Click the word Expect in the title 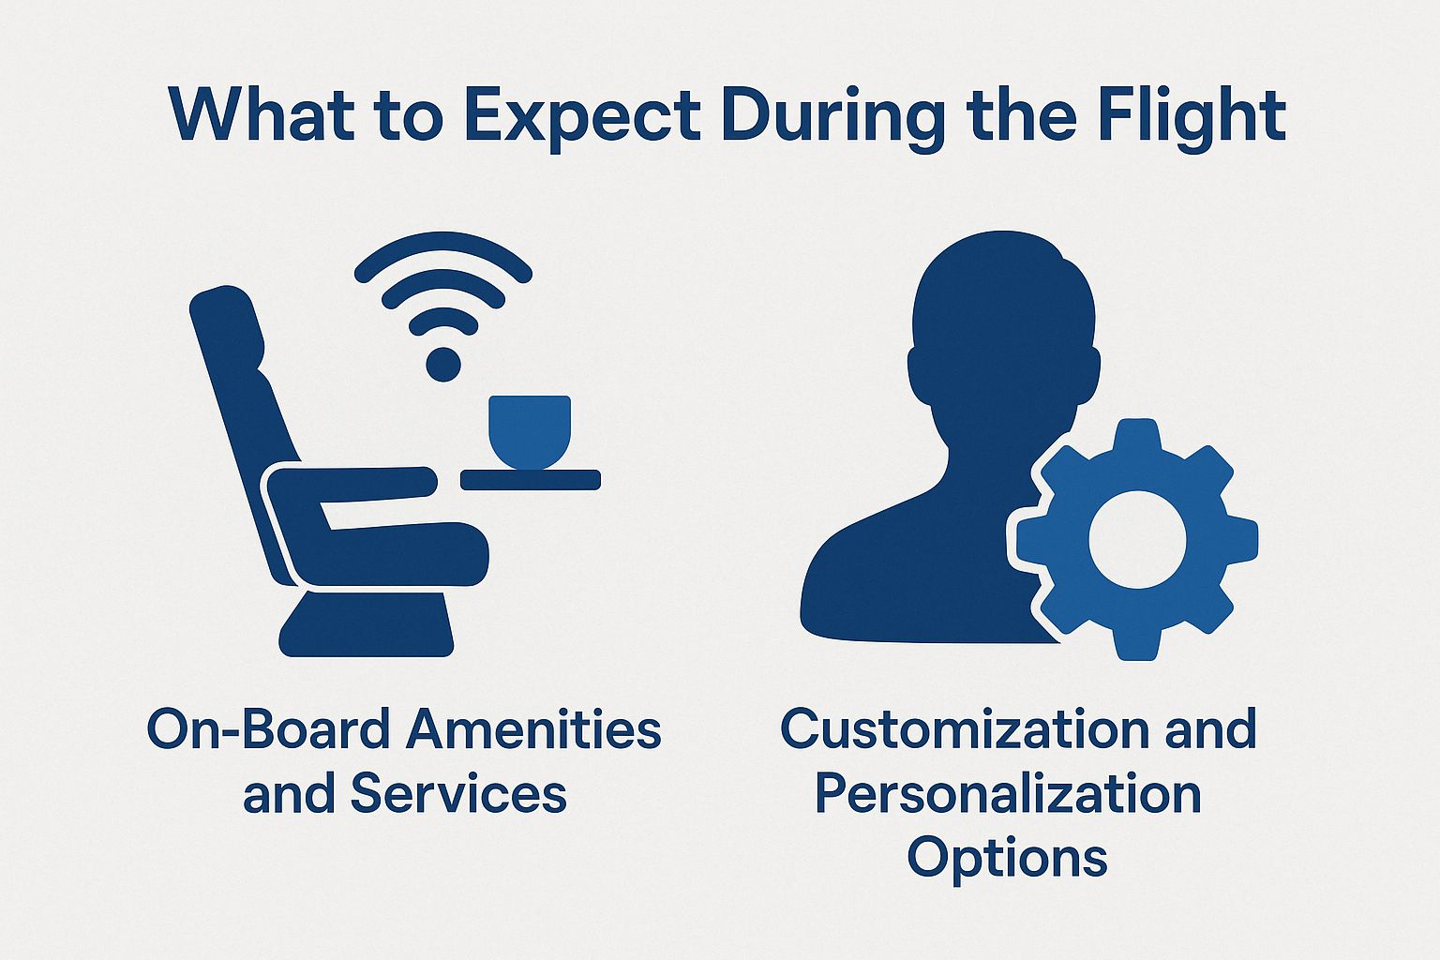pyautogui.click(x=581, y=117)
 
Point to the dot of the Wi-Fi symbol pyautogui.click(x=443, y=363)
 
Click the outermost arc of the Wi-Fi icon pyautogui.click(x=443, y=246)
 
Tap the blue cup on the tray pyautogui.click(x=530, y=431)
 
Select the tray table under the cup pyautogui.click(x=530, y=479)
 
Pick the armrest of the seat pyautogui.click(x=356, y=483)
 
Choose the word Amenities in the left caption pyautogui.click(x=533, y=730)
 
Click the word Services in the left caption pyautogui.click(x=458, y=795)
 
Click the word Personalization pyautogui.click(x=1008, y=795)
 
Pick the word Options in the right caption pyautogui.click(x=1008, y=857)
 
